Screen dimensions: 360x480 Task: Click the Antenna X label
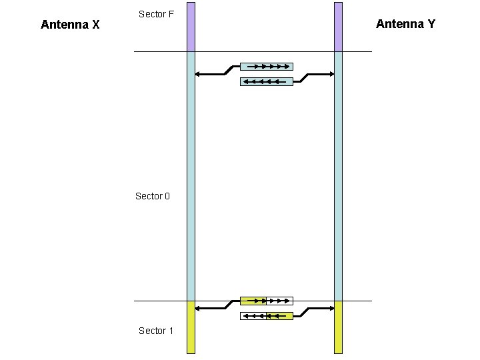click(70, 25)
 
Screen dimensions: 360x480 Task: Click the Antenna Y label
click(405, 24)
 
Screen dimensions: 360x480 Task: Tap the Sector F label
click(156, 13)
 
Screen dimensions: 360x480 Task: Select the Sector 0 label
click(153, 196)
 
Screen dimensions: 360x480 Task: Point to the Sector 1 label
click(156, 331)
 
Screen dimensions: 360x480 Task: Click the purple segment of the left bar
click(191, 27)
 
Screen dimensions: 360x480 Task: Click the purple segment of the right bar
click(338, 27)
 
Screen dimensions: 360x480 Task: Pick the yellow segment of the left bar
click(191, 327)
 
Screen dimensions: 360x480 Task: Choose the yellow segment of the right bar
click(338, 327)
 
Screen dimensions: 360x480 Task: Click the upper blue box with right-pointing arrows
click(266, 66)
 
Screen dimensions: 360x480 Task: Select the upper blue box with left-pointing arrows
click(266, 81)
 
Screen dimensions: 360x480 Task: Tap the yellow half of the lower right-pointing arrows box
click(253, 301)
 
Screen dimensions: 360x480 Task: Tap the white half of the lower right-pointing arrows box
click(279, 301)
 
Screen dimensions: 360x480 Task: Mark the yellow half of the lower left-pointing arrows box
click(279, 315)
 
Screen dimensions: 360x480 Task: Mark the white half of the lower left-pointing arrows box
click(253, 315)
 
